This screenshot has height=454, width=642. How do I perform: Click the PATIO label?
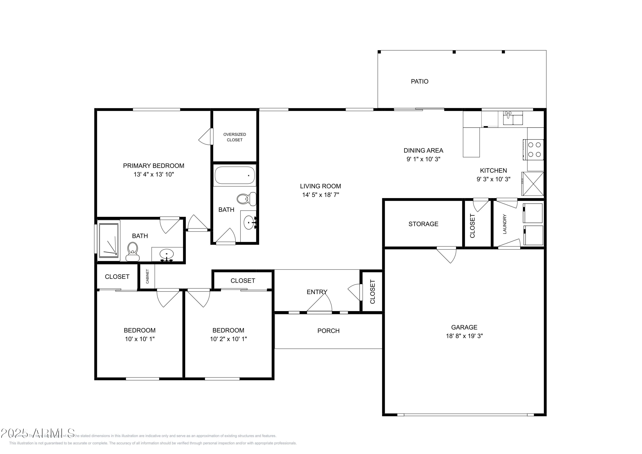click(419, 81)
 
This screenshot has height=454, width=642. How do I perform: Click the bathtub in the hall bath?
click(235, 175)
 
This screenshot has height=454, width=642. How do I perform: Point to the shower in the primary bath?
click(109, 240)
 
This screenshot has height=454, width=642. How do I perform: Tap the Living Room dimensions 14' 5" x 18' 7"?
click(320, 195)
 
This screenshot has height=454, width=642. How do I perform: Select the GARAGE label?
click(464, 327)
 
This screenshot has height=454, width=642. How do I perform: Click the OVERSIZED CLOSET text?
click(235, 137)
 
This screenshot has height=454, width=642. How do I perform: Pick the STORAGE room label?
click(423, 224)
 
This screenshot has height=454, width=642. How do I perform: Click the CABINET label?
click(147, 276)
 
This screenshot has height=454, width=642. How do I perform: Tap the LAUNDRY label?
click(504, 224)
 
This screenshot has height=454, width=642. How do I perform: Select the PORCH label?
click(328, 331)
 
